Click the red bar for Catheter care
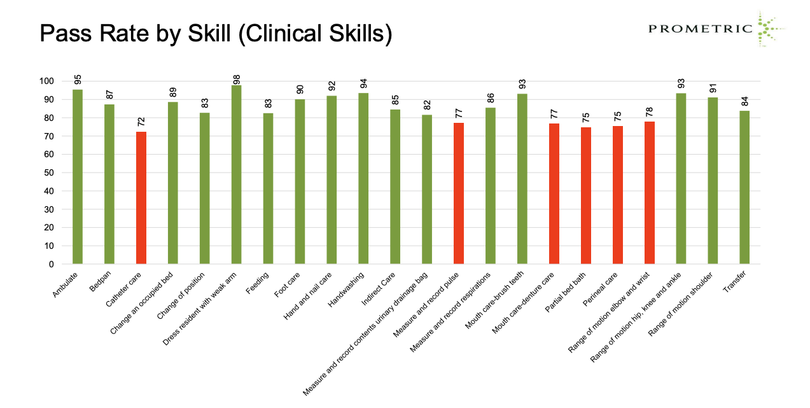[141, 197]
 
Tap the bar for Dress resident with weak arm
[236, 174]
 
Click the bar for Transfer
[744, 187]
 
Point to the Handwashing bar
[363, 178]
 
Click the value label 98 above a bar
[237, 78]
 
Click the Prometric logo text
[701, 28]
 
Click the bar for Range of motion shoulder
[713, 181]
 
